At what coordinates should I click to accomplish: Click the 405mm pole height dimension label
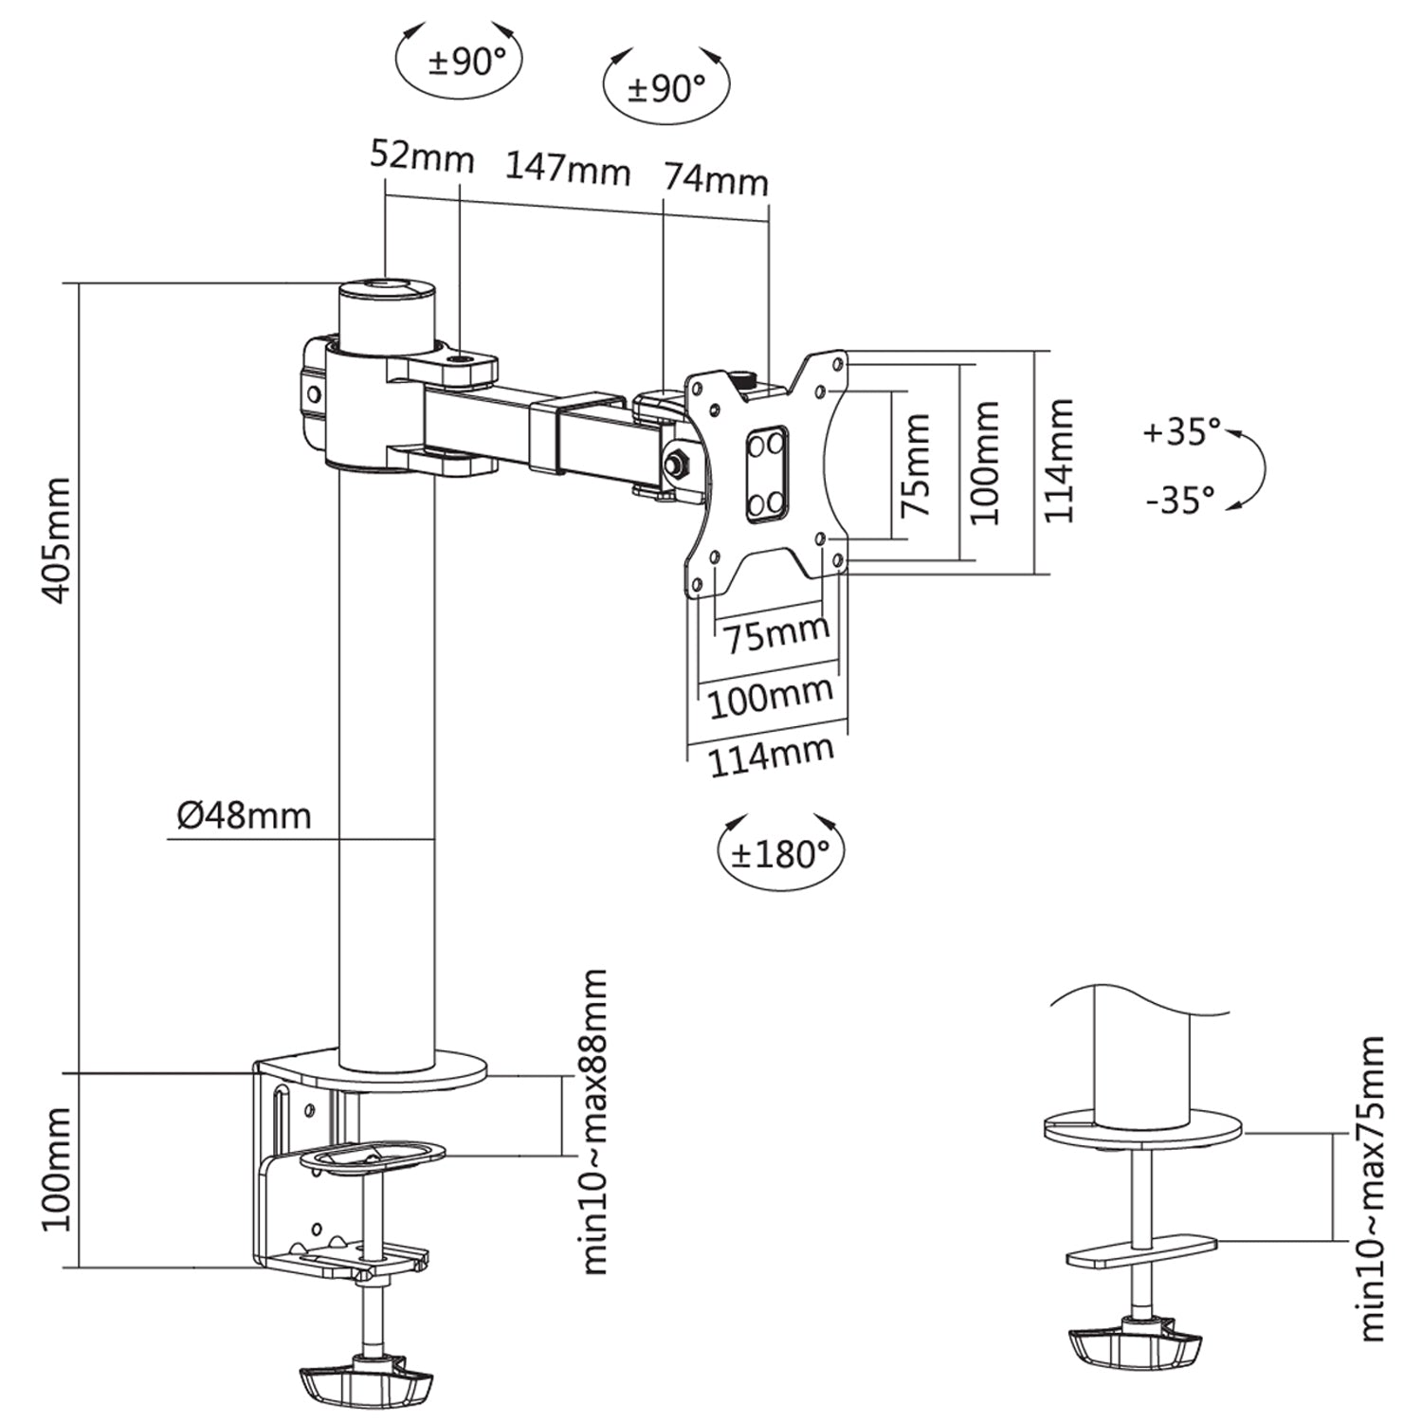[x=57, y=540]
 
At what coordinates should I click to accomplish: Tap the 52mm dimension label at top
[x=422, y=155]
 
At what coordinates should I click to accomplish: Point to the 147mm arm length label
[x=567, y=170]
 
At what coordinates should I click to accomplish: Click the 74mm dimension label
[x=715, y=178]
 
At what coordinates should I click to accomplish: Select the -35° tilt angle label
[x=1179, y=499]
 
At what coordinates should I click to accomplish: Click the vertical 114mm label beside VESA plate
[x=1058, y=461]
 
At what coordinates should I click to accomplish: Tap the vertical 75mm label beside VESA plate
[x=915, y=465]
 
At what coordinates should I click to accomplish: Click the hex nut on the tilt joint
[x=678, y=464]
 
